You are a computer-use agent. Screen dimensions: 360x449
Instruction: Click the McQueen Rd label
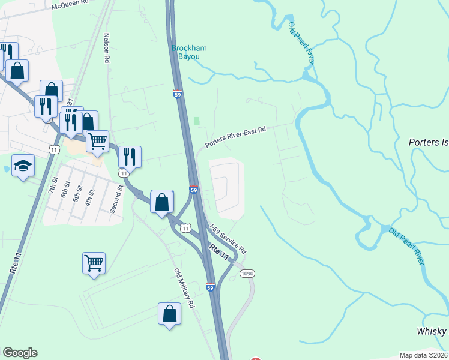74,5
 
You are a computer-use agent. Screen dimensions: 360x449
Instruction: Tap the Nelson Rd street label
107,48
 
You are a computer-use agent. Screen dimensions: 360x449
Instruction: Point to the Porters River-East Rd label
235,137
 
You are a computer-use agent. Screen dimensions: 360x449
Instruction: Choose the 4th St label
91,196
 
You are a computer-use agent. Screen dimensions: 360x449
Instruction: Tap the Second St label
119,199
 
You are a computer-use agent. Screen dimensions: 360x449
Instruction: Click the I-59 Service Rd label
228,238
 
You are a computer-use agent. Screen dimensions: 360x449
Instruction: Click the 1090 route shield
247,274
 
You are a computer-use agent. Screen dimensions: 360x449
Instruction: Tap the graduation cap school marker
23,166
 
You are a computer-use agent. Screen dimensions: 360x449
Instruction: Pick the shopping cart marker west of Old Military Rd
94,263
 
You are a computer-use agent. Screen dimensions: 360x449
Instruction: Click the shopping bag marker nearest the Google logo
170,314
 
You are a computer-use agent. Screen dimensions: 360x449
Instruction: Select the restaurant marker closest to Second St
130,157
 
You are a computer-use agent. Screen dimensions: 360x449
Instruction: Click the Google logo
20,353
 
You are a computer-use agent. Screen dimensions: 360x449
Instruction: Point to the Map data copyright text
423,355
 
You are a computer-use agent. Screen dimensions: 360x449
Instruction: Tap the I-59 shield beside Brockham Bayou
176,94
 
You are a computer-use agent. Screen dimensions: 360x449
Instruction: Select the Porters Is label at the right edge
429,143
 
